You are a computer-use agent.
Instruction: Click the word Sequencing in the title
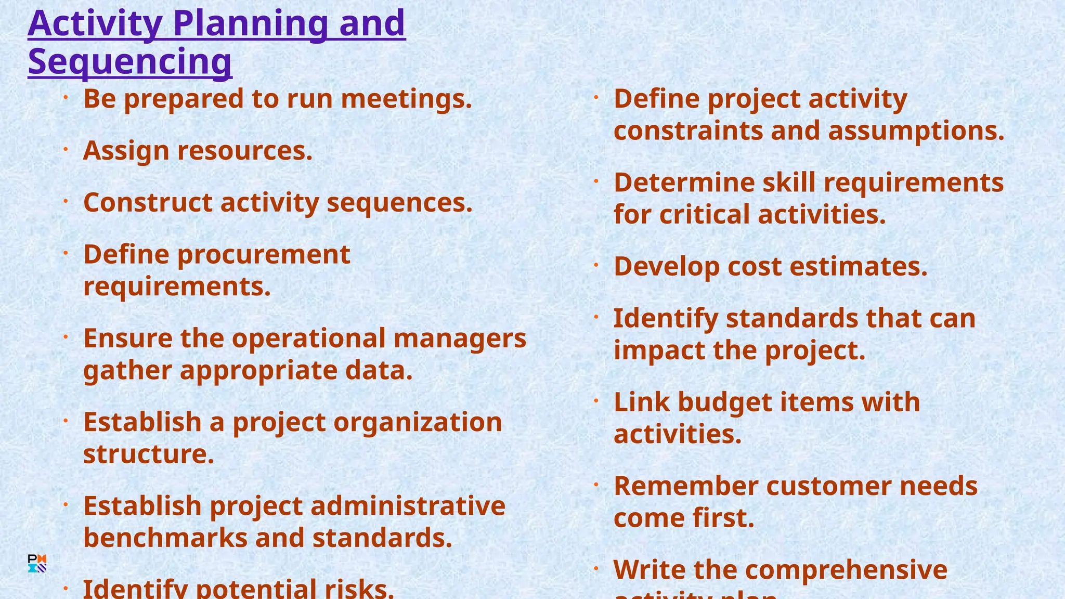(x=129, y=61)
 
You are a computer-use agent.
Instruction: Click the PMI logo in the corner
(x=37, y=563)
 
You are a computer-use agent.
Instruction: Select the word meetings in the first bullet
(x=406, y=99)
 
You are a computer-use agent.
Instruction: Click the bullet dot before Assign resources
(x=66, y=149)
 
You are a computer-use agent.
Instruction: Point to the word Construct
(x=148, y=202)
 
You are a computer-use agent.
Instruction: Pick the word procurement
(x=264, y=255)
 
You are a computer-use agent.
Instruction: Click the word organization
(x=418, y=422)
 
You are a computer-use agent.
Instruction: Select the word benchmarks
(x=165, y=538)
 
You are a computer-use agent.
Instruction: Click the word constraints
(x=688, y=131)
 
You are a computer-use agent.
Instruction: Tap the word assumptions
(x=916, y=131)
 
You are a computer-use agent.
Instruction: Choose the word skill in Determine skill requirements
(x=789, y=183)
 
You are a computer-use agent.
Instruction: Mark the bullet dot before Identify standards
(x=596, y=317)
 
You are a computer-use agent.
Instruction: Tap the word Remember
(x=686, y=486)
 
